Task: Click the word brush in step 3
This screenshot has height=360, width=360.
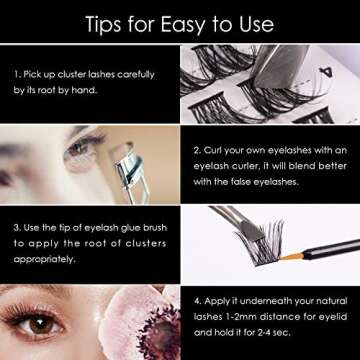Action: click(152, 228)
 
